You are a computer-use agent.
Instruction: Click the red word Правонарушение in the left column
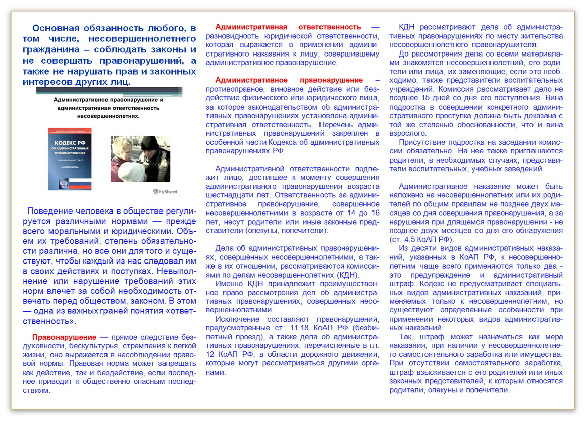tap(64, 337)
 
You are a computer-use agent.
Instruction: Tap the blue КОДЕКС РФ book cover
tap(70, 159)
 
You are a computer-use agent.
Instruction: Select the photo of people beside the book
tap(140, 159)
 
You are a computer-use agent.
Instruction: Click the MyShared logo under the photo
tap(165, 192)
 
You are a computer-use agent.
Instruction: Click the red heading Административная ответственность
tap(288, 27)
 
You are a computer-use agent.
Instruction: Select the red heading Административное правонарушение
tap(289, 80)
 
